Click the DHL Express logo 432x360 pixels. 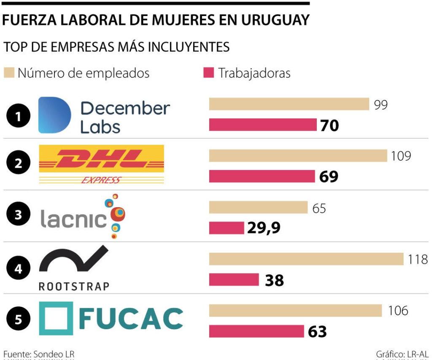pos(101,164)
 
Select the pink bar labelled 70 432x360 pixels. pos(262,125)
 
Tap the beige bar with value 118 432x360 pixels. pos(306,259)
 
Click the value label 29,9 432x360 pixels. pos(264,228)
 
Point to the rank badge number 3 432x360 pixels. pos(18,215)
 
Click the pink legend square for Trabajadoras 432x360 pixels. pos(208,73)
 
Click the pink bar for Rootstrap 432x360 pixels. pos(234,279)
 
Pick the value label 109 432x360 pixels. pos(400,156)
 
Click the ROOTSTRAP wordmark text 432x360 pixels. pos(74,287)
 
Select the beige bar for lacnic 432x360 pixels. pos(258,207)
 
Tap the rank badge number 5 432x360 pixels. pos(18,319)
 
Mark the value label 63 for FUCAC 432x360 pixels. pos(317,332)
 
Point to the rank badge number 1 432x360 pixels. pos(18,118)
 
